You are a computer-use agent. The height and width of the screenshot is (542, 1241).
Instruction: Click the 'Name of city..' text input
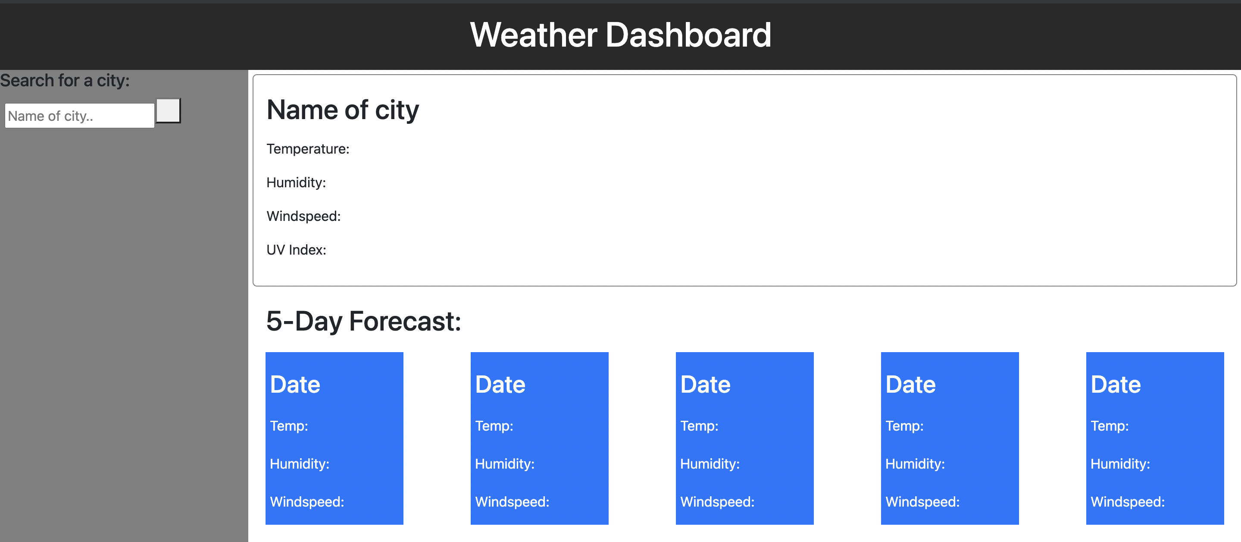click(79, 116)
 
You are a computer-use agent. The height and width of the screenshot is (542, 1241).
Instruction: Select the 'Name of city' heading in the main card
click(343, 110)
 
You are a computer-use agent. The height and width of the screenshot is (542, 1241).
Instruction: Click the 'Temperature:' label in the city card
click(308, 149)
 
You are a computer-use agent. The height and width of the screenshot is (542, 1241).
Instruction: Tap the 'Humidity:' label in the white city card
click(296, 183)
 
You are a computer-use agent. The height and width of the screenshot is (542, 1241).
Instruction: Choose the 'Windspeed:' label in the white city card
click(303, 217)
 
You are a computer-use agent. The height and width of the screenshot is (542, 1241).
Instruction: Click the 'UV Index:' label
click(296, 250)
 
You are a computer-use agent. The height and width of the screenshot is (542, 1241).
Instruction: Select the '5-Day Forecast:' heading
click(364, 321)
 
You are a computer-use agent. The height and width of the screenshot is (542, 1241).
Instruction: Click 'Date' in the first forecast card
click(295, 384)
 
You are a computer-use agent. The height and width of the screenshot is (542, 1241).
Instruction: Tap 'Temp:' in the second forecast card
click(494, 426)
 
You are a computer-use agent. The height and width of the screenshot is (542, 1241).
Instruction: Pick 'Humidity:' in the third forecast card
click(710, 464)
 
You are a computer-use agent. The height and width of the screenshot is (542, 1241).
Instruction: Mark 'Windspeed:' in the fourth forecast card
click(922, 502)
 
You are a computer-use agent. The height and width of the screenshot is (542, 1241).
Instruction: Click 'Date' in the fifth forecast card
click(1116, 384)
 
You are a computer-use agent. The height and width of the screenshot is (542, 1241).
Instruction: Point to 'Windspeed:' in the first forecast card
click(307, 502)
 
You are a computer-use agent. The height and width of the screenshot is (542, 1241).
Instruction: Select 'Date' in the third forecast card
click(705, 384)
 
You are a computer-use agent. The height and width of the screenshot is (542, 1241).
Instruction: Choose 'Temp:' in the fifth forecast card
click(1110, 426)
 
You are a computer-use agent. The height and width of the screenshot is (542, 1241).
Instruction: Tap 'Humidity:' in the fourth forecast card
click(915, 464)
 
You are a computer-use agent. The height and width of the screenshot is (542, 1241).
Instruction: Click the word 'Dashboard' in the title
click(688, 35)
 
